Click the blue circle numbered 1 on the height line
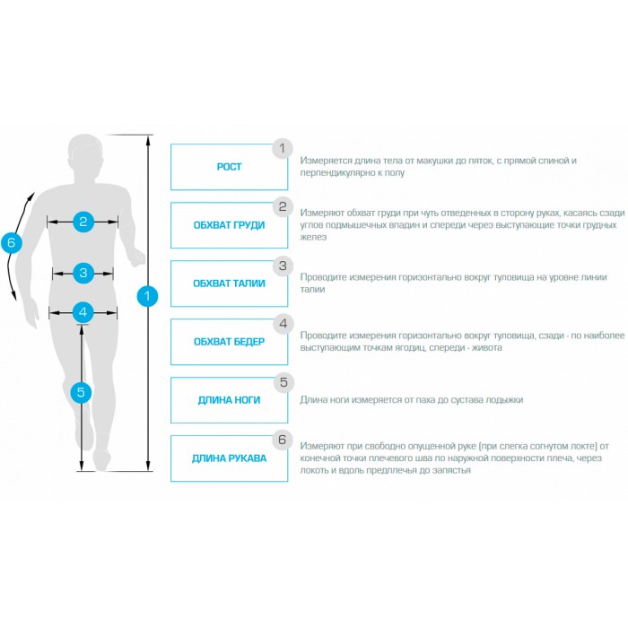[x=147, y=296]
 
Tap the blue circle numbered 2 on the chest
[x=83, y=222]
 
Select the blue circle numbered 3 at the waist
[x=83, y=273]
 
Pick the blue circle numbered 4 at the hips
[x=83, y=312]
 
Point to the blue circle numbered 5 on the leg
[x=81, y=393]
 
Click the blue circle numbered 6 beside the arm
[x=11, y=242]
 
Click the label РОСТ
[x=229, y=167]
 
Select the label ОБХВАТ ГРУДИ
[x=229, y=225]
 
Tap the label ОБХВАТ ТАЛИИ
[x=229, y=283]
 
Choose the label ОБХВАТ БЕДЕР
[x=229, y=342]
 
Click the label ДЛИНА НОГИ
[x=229, y=400]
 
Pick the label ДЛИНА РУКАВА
[x=229, y=458]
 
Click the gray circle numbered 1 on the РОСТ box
[x=283, y=149]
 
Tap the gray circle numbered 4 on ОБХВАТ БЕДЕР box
[x=283, y=324]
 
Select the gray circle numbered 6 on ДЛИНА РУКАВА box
[x=283, y=440]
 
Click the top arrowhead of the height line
[x=149, y=140]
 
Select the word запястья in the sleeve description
[x=451, y=470]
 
